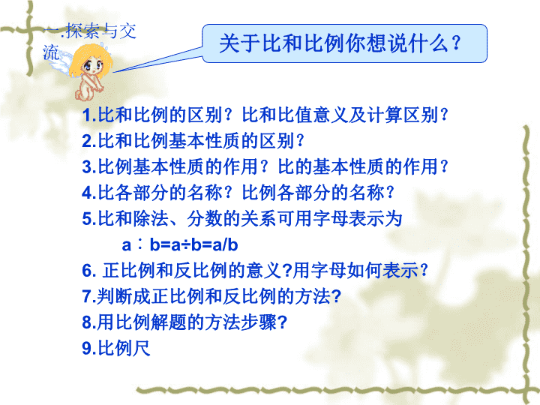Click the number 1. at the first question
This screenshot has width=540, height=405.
[89, 115]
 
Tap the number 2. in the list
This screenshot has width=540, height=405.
[89, 141]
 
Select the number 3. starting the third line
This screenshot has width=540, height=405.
[89, 167]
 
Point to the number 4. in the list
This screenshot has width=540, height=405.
[89, 193]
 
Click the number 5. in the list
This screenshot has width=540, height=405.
[89, 219]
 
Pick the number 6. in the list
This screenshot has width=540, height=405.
[89, 271]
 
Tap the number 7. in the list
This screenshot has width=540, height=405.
[89, 296]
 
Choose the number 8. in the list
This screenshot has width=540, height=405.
[89, 322]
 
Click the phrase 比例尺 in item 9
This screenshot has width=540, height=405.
[124, 348]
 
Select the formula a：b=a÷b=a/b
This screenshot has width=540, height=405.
[180, 244]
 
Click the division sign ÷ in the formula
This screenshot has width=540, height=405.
[186, 245]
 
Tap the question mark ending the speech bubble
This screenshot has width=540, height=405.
[457, 43]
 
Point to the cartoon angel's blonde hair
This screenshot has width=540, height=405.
[91, 59]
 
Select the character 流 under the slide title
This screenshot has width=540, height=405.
[51, 52]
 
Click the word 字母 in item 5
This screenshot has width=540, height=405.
[331, 219]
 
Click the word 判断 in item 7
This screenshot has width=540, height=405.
[114, 296]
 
